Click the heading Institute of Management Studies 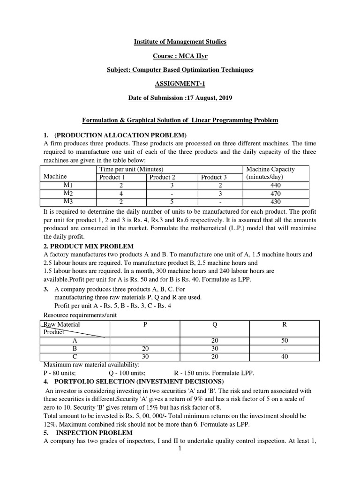(x=180, y=42)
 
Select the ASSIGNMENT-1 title (x=180, y=83)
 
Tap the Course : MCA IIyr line (x=180, y=56)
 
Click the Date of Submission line (x=180, y=97)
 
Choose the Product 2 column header (x=162, y=177)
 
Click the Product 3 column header (x=214, y=177)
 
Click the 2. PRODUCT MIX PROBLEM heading (x=89, y=246)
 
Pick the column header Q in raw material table (x=214, y=324)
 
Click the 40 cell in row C (x=285, y=357)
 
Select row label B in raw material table (x=75, y=349)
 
